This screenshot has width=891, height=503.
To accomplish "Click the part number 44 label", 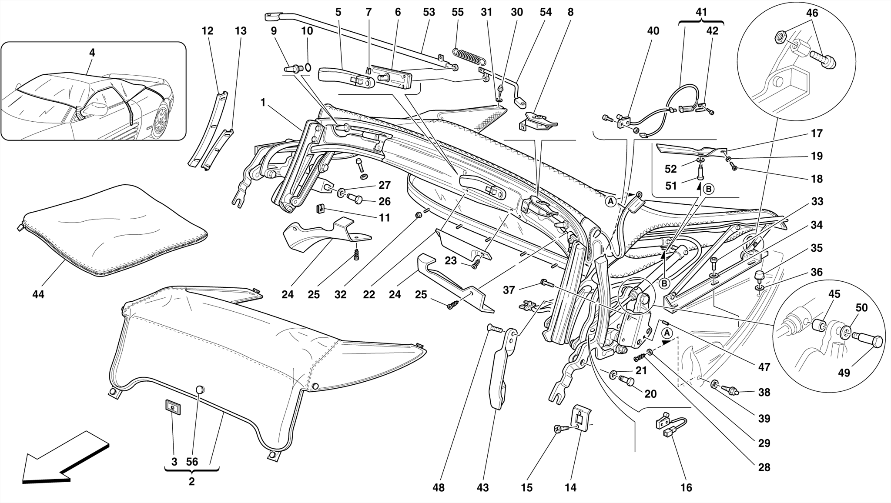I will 38,294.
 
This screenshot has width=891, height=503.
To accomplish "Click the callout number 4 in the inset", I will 92,53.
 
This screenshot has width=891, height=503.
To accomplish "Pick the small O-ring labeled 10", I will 308,67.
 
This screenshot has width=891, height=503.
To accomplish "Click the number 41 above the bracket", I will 701,12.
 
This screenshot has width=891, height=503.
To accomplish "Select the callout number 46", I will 812,13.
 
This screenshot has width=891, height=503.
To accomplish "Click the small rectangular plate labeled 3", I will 173,408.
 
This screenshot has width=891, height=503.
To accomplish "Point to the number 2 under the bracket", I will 191,482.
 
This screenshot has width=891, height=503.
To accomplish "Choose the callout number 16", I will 686,488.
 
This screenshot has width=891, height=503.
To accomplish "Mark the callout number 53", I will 429,13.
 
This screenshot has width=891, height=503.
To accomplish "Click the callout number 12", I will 208,31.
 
